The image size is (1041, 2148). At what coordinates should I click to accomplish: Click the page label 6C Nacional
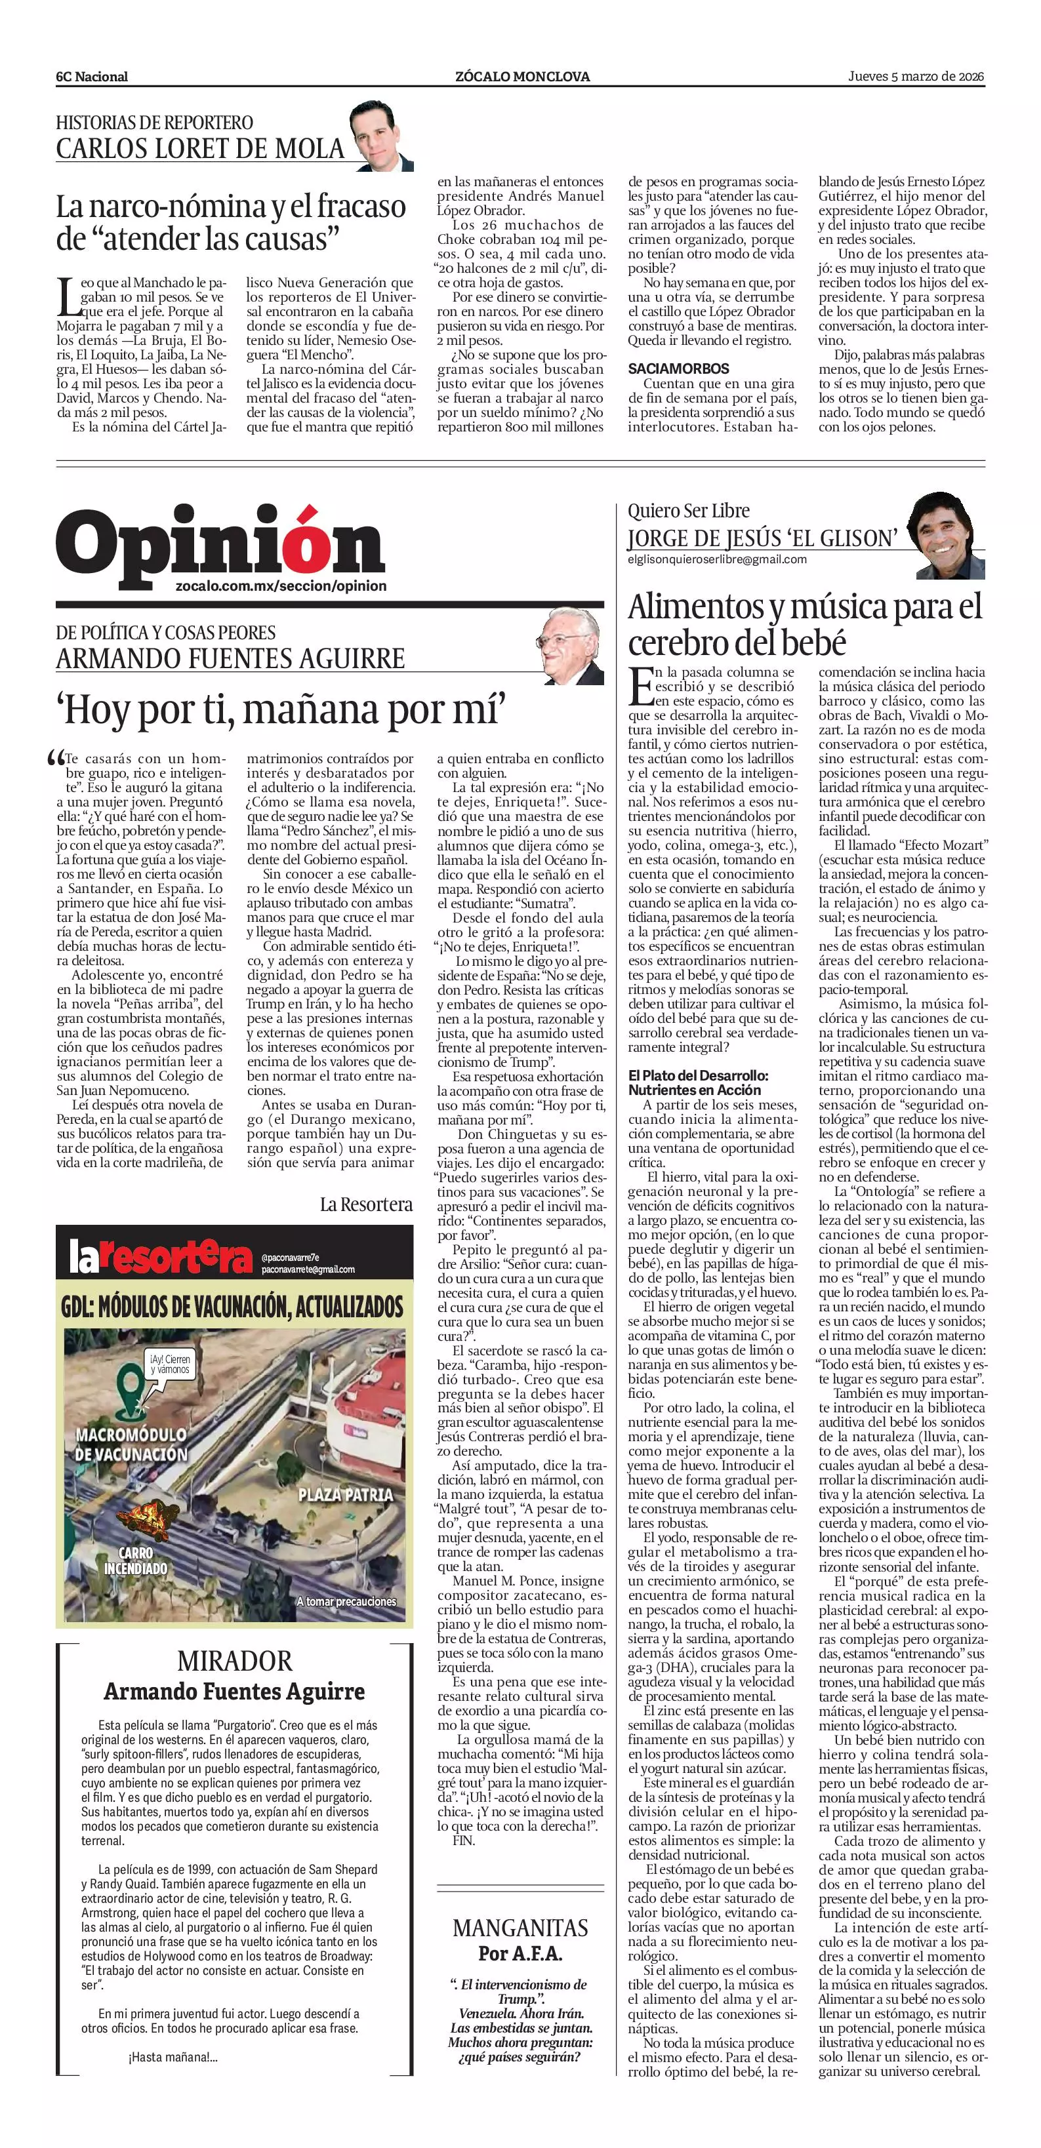click(92, 77)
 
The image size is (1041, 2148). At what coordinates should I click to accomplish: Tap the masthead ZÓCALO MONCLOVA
click(522, 77)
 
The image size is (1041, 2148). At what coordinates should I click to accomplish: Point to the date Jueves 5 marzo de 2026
click(916, 77)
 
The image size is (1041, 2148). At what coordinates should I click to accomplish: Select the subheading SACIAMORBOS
click(678, 368)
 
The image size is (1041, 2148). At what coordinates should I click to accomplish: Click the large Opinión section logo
click(220, 543)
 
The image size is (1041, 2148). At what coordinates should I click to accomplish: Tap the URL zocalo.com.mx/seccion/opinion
click(281, 586)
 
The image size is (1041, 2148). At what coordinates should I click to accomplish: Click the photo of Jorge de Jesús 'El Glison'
click(949, 535)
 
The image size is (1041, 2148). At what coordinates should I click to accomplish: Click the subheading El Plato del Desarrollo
click(697, 1083)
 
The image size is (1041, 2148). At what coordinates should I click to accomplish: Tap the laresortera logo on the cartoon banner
click(159, 1258)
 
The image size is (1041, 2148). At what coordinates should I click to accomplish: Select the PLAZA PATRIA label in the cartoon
click(345, 1494)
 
